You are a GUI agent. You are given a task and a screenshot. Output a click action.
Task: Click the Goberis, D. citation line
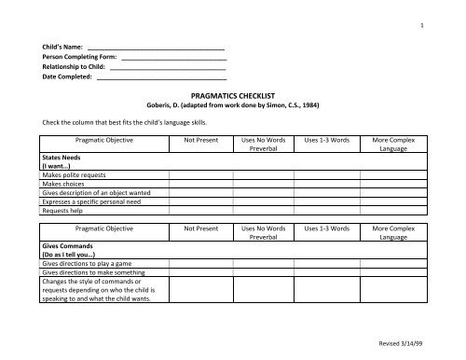232,105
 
